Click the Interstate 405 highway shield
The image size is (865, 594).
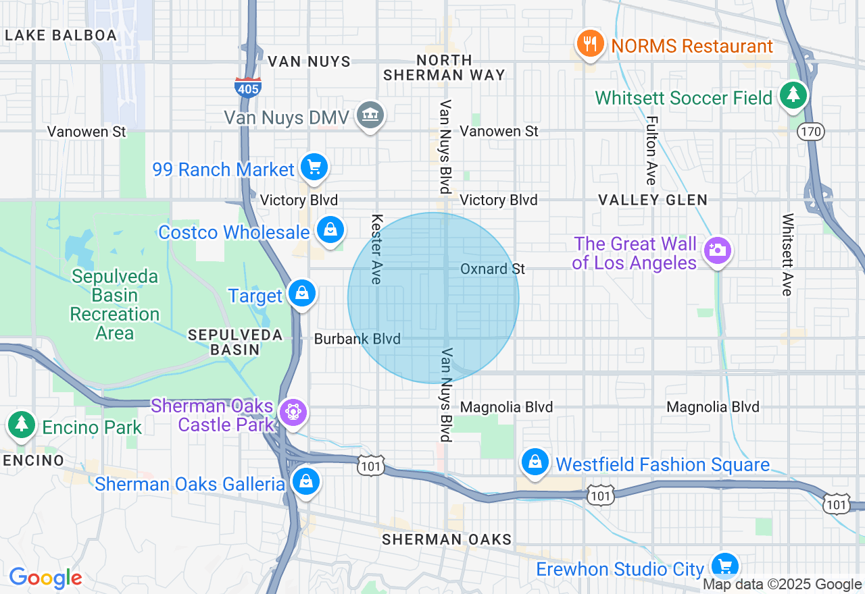coord(248,87)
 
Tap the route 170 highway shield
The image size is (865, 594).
coord(810,131)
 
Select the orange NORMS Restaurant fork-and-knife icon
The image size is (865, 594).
coord(591,44)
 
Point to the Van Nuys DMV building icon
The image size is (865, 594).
coord(370,115)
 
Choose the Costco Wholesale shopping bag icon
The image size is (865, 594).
coord(330,230)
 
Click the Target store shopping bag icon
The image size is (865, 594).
coord(302,294)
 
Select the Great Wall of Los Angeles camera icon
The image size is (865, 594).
coord(717,250)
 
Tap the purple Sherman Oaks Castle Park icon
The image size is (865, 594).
coord(293,412)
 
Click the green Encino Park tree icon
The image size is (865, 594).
coord(22,425)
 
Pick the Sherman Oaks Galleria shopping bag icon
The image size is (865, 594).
coord(306,481)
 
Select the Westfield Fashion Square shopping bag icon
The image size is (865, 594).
coord(535,462)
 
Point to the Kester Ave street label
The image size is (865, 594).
coord(377,249)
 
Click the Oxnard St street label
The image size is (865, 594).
coord(492,269)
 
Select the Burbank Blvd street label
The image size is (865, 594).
coord(357,339)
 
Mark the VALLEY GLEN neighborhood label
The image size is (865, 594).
coord(653,200)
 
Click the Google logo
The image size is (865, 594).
coord(45,578)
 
